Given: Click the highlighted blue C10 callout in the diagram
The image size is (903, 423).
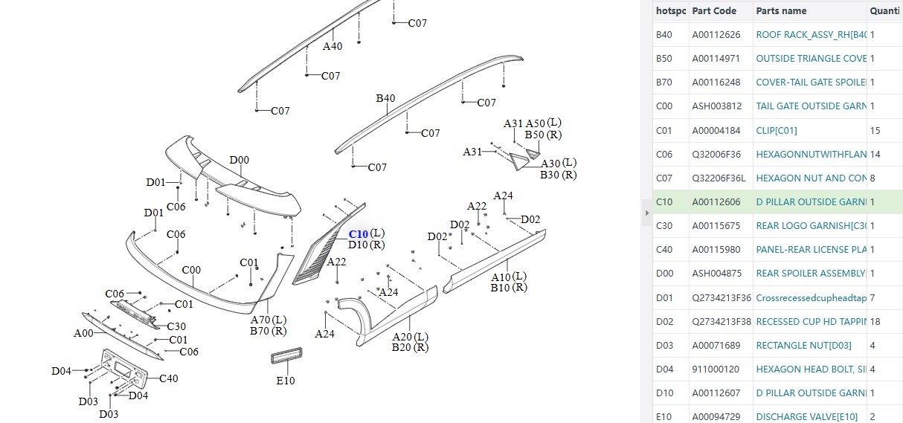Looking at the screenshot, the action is pos(358,234).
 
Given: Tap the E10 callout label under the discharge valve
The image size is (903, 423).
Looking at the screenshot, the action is pos(286,381).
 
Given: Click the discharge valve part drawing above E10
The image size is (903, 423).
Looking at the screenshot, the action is pos(286,355).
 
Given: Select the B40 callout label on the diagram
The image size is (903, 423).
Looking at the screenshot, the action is pos(385,98).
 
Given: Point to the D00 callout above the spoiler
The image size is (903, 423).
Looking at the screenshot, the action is pos(239,160).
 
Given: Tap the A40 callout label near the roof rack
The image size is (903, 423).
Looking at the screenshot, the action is pos(332,46).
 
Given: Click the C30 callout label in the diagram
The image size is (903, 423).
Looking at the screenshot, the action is pos(176,326).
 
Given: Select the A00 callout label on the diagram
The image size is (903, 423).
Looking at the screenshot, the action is pos(83,333).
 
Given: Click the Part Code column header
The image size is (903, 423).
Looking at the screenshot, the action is pos(714,11).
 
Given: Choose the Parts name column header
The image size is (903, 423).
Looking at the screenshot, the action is pos(781,11).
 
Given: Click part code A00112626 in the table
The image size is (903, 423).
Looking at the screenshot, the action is pos(716,35).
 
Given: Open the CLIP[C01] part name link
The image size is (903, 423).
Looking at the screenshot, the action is pos(777,131).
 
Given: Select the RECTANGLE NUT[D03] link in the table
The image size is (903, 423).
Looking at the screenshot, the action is pos(803,345).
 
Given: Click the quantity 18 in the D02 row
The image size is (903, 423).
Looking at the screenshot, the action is pos(875,321).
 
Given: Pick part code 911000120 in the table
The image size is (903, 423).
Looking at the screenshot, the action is pos(716,369).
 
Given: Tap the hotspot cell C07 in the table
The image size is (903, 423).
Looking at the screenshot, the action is pos(664,178).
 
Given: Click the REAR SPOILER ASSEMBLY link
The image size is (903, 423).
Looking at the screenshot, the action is pos(811,273).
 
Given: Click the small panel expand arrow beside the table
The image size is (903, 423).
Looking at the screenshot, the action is pos(646,213).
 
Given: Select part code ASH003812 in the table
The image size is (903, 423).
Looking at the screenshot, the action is pos(717,106).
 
